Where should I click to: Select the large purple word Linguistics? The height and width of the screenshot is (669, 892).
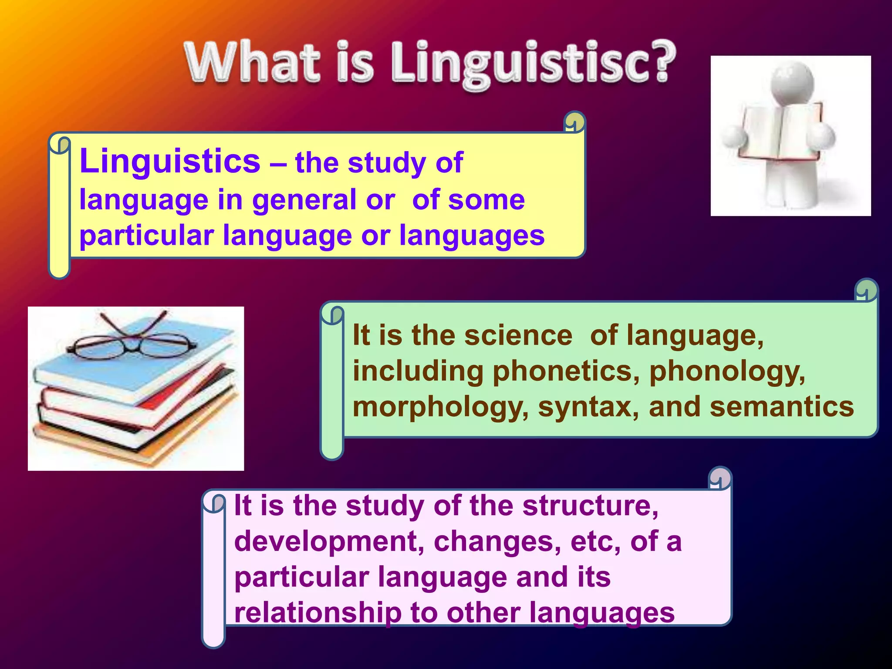tap(170, 161)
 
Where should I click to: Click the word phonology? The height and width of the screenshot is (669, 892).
tap(727, 371)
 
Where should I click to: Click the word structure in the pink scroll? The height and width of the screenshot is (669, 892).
tap(590, 506)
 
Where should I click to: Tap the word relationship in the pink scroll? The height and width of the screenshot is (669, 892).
tap(318, 613)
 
